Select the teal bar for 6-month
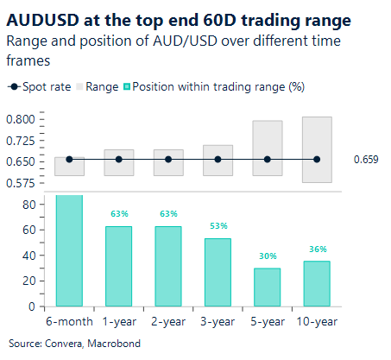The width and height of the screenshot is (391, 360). (x=69, y=250)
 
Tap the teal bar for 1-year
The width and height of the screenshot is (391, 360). (x=118, y=266)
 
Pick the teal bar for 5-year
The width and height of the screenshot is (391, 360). (x=267, y=287)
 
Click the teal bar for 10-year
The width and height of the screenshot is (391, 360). (x=317, y=283)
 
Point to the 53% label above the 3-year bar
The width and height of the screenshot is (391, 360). (x=218, y=226)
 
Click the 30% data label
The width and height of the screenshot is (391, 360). (x=267, y=256)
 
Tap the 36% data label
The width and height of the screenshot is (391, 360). (x=317, y=249)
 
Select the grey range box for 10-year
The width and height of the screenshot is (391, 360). (x=317, y=149)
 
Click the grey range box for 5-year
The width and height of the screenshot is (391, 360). (x=267, y=148)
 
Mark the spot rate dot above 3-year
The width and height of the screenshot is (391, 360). (x=218, y=159)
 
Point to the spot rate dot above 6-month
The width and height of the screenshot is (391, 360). (x=69, y=159)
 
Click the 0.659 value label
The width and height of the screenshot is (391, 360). (x=366, y=160)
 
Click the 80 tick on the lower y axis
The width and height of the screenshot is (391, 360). (x=28, y=205)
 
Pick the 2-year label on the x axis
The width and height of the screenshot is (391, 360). (x=167, y=321)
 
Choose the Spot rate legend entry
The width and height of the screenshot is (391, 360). (x=40, y=86)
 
